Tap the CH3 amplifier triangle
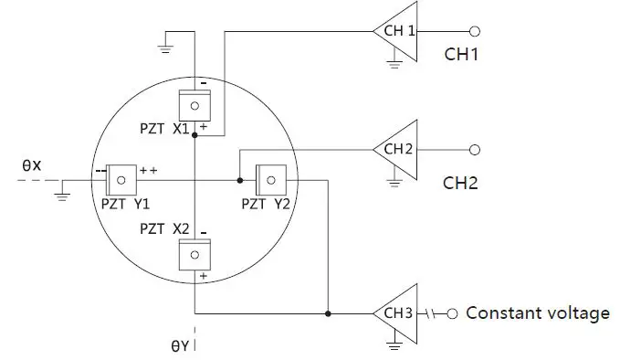397,313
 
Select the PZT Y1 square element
121,175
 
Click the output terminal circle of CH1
474,30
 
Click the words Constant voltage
538,313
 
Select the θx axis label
32,165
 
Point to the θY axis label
179,346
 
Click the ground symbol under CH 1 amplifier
394,63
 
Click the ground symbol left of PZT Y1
62,193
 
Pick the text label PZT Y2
266,204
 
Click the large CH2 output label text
461,183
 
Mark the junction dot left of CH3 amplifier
327,313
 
